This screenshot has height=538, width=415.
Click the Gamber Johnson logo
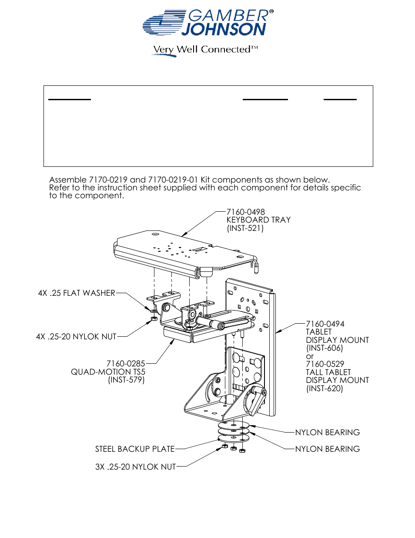pos(208,23)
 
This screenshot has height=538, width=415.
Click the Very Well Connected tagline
pos(204,50)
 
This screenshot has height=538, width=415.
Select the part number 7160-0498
pos(245,212)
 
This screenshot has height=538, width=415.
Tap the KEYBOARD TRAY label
pos(258,220)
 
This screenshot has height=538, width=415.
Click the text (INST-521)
pos(245,228)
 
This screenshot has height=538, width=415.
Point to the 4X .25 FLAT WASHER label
pos(77,293)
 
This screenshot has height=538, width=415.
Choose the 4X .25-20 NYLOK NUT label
pos(76,337)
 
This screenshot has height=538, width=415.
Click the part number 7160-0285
pos(126,364)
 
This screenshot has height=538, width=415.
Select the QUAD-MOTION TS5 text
pos(108,372)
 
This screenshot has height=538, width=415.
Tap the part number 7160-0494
pos(325,324)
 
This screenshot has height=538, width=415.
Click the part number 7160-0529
pos(325,364)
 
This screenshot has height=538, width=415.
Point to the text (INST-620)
pos(325,389)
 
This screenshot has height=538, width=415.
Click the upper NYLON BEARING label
pos(327,433)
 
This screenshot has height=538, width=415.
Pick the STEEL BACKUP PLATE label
pos(135,449)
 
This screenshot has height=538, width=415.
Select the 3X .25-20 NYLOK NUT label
pos(135,467)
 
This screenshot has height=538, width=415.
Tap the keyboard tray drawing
pos(183,253)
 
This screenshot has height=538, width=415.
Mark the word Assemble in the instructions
pos(68,180)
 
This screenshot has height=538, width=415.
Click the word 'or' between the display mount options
pos(309,356)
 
